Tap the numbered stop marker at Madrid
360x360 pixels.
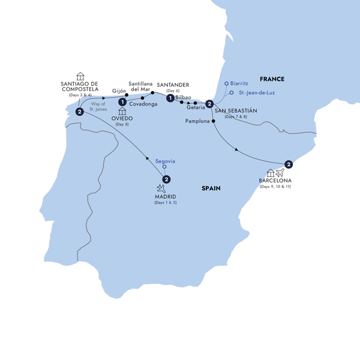click(x=166, y=178)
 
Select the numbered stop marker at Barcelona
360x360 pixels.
click(x=289, y=164)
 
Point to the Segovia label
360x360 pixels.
click(x=165, y=160)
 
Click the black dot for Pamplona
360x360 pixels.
click(x=214, y=121)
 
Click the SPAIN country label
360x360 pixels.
click(x=211, y=188)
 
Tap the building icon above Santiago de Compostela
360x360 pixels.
click(x=80, y=76)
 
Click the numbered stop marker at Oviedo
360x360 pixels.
click(x=122, y=102)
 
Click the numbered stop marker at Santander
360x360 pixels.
click(x=171, y=98)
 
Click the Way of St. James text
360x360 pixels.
click(x=100, y=107)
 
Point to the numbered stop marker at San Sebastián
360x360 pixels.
click(x=209, y=103)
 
